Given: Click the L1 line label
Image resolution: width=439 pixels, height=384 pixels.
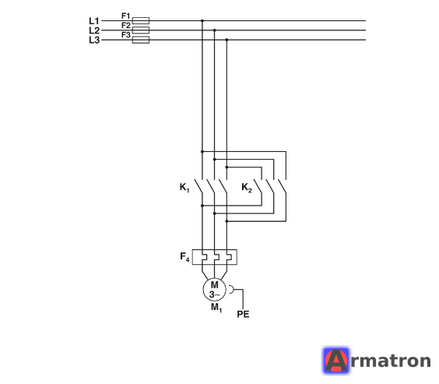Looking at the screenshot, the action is (94, 21).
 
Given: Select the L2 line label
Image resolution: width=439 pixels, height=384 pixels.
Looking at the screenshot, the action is (94, 30).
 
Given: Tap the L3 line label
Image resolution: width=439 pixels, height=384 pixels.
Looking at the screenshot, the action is (94, 40).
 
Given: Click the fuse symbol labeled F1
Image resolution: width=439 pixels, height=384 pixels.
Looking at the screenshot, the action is (141, 20).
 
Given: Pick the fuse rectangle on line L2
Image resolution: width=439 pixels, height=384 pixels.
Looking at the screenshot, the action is (141, 30).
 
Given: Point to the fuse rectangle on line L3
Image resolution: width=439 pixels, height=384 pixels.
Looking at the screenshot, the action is (141, 40).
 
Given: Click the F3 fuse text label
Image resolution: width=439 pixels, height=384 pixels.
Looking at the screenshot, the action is (126, 35).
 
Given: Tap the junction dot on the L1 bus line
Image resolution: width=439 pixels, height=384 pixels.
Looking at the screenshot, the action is (202, 21).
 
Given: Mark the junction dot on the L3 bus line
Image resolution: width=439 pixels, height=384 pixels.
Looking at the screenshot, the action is (227, 40).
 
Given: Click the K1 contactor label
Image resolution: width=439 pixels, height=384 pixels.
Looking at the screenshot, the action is (184, 188).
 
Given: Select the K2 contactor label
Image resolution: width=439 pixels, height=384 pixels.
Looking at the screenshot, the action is (247, 188).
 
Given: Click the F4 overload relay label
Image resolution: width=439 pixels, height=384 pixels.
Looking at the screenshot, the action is (184, 256).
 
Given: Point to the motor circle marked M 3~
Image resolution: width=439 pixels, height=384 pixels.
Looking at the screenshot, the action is (215, 290).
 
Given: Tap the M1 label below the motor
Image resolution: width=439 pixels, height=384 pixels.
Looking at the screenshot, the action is (216, 308).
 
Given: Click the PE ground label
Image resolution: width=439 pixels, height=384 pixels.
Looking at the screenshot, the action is (243, 314).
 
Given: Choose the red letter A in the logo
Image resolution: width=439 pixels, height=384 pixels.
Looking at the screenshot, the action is (336, 361).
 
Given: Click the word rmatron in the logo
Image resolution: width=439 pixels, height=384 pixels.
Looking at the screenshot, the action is (391, 361).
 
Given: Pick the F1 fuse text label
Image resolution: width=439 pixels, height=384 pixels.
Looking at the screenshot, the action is (126, 16).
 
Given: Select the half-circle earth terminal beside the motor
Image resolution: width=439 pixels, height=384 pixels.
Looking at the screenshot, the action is (231, 290).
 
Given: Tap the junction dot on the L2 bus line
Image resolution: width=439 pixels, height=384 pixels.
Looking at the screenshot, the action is (215, 30).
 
